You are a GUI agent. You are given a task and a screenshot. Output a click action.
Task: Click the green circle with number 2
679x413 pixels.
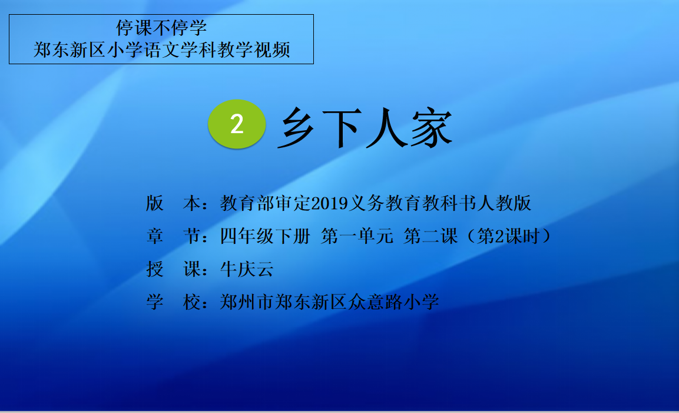pos(237,124)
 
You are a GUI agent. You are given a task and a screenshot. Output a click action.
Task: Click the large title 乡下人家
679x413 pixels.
pos(365,127)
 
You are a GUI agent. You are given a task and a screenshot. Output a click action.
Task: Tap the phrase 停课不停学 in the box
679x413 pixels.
pos(161,28)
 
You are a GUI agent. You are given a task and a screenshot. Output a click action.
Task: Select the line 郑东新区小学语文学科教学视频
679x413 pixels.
pos(161,50)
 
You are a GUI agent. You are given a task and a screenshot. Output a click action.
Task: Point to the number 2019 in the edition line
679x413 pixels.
pos(330,203)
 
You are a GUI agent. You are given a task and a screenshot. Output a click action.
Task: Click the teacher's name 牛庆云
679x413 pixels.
pos(247,269)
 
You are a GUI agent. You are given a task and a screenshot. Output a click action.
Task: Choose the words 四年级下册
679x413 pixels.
pos(265,236)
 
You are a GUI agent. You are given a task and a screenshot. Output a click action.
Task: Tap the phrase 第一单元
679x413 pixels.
pos(357,236)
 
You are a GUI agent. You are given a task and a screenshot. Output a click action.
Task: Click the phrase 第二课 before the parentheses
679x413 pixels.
pos(430,236)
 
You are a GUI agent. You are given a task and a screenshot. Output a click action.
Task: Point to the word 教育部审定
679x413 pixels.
pos(266,203)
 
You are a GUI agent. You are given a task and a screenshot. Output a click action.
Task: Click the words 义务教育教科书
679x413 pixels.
pos(413,203)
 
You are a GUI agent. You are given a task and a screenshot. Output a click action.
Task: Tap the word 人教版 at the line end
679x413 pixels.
pos(504,203)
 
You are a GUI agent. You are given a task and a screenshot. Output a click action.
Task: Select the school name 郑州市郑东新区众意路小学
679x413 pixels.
pos(330,302)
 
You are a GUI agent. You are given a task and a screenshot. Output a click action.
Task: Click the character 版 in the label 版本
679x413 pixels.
pos(155,203)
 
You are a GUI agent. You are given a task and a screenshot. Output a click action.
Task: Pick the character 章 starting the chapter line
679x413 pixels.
pos(155,236)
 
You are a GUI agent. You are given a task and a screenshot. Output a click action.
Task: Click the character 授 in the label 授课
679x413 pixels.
pos(155,269)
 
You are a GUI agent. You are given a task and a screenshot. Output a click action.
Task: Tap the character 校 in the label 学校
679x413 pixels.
pos(191,302)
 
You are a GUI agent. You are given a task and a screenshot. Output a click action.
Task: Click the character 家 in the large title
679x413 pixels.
pos(432,128)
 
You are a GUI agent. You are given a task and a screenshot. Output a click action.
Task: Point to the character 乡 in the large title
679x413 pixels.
pos(298,128)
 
